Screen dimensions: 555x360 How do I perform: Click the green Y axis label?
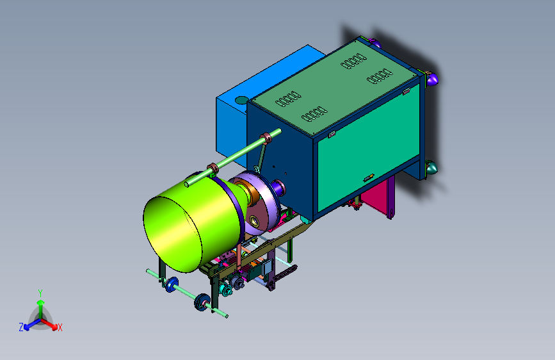point(40,293)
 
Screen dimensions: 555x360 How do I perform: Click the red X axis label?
point(60,327)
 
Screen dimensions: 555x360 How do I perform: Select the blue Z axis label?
point(21,327)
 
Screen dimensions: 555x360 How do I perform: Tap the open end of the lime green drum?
point(172,234)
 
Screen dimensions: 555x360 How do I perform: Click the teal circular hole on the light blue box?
point(242,101)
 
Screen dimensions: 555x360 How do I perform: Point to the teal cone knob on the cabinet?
point(431,168)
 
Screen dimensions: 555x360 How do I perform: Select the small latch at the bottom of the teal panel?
point(369,177)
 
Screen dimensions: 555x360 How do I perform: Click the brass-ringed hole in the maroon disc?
point(255,222)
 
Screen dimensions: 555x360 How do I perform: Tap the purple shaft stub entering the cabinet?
point(278,187)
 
